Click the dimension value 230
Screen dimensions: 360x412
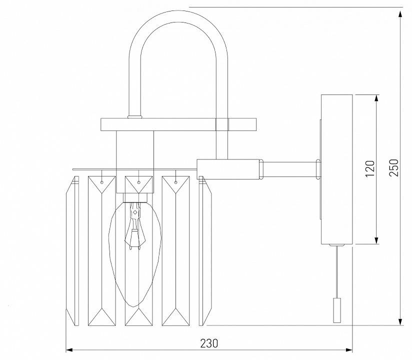tap(209, 343)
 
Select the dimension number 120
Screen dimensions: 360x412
tap(369, 169)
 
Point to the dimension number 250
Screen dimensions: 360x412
tap(393, 167)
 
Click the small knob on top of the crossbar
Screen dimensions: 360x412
tap(134, 117)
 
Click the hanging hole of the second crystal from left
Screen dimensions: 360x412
tap(102, 183)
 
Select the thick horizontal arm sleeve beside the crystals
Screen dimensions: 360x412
tap(229, 168)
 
